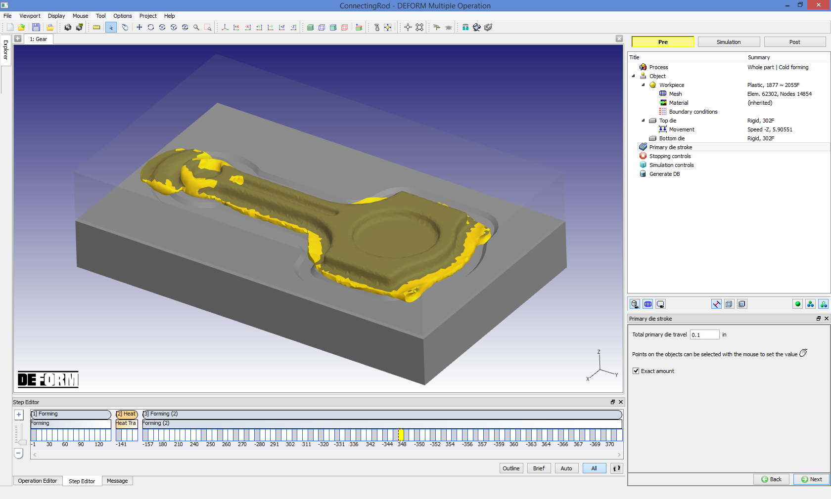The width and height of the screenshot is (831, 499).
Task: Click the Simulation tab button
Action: coord(729,42)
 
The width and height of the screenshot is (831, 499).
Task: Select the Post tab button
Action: coord(794,42)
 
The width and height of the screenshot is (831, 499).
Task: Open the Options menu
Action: coord(122,16)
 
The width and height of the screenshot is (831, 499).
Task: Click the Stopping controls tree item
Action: coord(670,156)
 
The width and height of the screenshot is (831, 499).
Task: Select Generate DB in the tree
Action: coord(664,174)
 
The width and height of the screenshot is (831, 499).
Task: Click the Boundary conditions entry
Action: coord(693,112)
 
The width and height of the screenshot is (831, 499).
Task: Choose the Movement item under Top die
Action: coord(682,129)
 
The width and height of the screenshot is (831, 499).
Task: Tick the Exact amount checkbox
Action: coord(636,371)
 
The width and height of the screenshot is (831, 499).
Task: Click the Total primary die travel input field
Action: coord(704,335)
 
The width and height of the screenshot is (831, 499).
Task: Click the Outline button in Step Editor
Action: coord(511,468)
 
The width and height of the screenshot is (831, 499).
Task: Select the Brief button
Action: coord(539,468)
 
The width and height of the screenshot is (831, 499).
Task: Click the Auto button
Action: coord(566,468)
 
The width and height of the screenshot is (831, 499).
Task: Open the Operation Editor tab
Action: coord(38,481)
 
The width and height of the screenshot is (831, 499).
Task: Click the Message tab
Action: coord(117,481)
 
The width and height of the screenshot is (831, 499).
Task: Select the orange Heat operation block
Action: coord(127,414)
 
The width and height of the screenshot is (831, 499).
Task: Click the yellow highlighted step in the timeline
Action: coord(401,435)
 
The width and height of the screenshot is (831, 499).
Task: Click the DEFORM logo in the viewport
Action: coord(48,379)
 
